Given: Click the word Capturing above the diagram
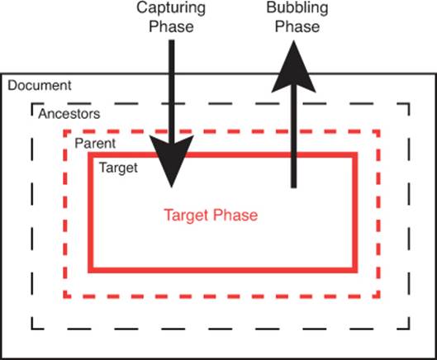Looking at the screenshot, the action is (171, 8).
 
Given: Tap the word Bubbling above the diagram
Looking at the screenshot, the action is (297, 7).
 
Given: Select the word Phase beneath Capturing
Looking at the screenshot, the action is (171, 26).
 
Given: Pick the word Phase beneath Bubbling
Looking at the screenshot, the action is (297, 26).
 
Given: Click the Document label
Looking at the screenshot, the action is (40, 85).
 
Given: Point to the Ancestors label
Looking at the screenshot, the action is (69, 114).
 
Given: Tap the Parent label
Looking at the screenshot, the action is (95, 144).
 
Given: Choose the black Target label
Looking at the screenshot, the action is (118, 168).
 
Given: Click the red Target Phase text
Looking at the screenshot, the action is (211, 216).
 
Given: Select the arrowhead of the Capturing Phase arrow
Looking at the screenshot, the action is (171, 159).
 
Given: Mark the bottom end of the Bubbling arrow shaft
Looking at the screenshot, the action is (293, 187).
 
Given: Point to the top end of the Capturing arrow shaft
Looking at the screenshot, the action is (172, 40).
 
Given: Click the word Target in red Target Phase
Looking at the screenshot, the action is (186, 216).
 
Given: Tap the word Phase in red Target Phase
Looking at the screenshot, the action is (235, 216).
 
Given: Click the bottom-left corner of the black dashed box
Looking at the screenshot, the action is (31, 329).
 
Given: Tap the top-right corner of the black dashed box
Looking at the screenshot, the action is (409, 104).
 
